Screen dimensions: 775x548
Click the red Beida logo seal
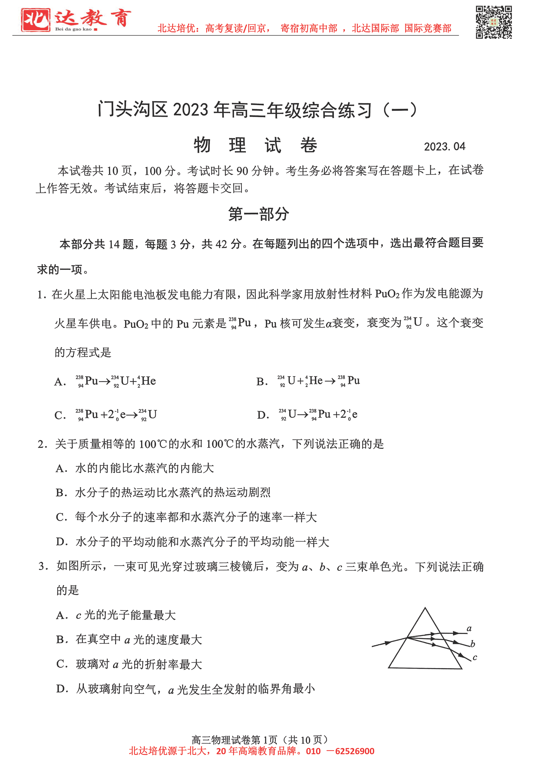tap(35, 20)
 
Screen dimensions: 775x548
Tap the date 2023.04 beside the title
tap(444, 146)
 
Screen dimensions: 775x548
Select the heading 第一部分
tap(258, 214)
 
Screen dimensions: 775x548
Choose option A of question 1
tap(115, 381)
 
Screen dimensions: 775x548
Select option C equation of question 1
tap(116, 414)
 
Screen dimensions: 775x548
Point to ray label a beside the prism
tap(469, 629)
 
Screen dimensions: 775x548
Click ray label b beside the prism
tap(473, 644)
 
